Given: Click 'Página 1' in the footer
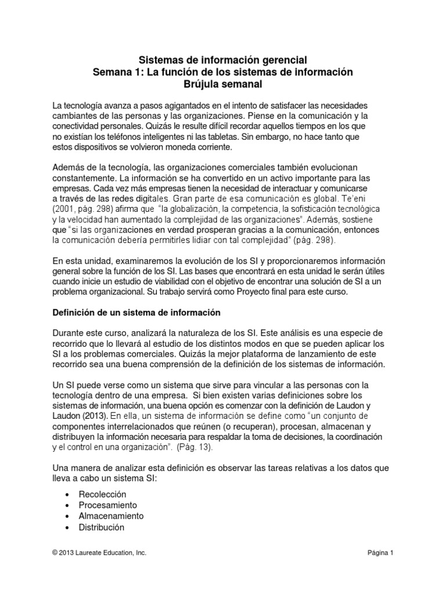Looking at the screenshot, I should (x=380, y=553).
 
